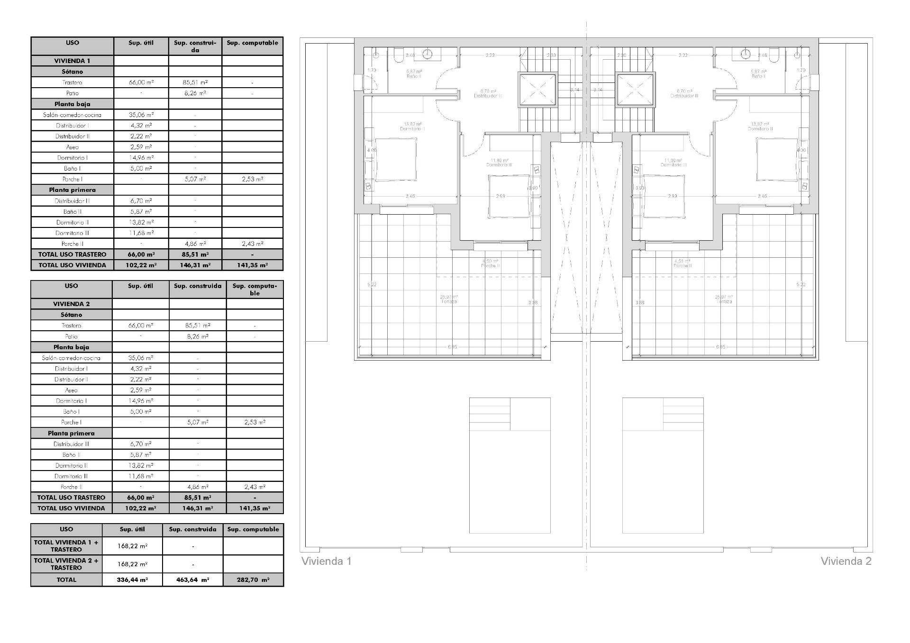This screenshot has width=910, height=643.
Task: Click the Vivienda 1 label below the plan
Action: pyautogui.click(x=327, y=561)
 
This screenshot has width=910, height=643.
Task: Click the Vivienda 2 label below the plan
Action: pyautogui.click(x=846, y=561)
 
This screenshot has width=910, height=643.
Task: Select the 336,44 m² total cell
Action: pyautogui.click(x=132, y=580)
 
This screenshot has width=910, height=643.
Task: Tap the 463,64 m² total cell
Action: pyautogui.click(x=192, y=580)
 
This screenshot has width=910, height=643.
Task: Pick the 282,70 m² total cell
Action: pyautogui.click(x=253, y=580)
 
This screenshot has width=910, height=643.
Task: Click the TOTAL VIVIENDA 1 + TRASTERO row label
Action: pyautogui.click(x=66, y=546)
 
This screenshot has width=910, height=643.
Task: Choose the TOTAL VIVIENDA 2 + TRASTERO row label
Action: pyautogui.click(x=66, y=564)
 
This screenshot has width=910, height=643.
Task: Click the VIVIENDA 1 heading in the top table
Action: pyautogui.click(x=72, y=61)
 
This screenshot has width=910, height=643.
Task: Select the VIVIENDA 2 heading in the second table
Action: pyautogui.click(x=72, y=304)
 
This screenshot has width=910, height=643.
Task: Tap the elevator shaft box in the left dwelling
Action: pyautogui.click(x=537, y=89)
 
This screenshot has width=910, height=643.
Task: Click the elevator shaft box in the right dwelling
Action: pyautogui.click(x=635, y=89)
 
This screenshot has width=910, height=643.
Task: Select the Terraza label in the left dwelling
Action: pyautogui.click(x=449, y=301)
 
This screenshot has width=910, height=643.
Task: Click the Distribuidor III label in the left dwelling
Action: pyautogui.click(x=488, y=96)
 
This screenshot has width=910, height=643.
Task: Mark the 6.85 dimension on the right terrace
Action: pyautogui.click(x=720, y=347)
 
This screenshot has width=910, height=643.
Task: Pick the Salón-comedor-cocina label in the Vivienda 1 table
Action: pyautogui.click(x=72, y=115)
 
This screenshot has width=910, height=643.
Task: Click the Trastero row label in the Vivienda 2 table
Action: pyautogui.click(x=72, y=326)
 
